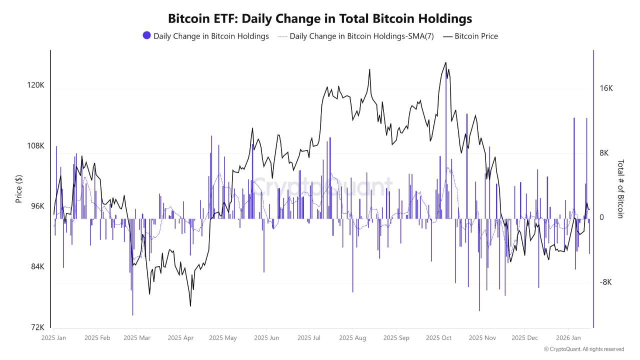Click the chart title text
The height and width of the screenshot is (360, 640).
point(320,19)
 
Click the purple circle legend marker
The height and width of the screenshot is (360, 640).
point(146,35)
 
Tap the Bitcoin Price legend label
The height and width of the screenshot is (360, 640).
point(475,36)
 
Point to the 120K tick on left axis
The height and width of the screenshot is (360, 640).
point(35,85)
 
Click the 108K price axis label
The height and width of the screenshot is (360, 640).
point(35,146)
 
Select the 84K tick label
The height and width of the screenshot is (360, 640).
point(37,266)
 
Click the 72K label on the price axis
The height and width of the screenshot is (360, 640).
point(37,327)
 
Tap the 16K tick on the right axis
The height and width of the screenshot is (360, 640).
point(606,88)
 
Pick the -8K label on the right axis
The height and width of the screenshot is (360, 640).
point(606,282)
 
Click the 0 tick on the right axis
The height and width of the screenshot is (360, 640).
point(601,217)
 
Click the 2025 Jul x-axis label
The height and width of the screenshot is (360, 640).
point(309,338)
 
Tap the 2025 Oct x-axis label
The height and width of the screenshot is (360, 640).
point(438,338)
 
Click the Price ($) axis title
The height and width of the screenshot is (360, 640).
point(19,189)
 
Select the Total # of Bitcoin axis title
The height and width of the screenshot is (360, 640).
point(620,189)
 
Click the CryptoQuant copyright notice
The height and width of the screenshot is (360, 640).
point(583,349)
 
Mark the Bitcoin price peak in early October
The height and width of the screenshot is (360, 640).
point(445,63)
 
